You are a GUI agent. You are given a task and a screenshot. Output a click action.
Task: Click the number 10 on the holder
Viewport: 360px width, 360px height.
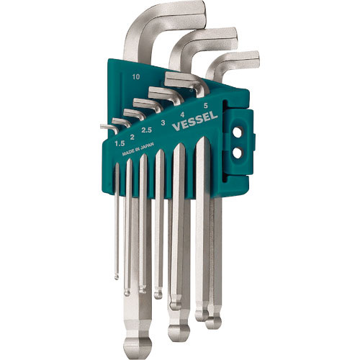click(136, 77)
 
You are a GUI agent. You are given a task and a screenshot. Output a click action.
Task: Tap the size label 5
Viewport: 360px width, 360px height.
click(205, 105)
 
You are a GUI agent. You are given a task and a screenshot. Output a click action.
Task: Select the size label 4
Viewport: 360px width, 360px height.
click(182, 114)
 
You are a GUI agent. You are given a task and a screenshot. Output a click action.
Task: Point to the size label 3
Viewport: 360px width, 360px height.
click(163, 123)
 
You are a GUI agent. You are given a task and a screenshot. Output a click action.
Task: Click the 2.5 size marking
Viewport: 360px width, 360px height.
click(146, 130)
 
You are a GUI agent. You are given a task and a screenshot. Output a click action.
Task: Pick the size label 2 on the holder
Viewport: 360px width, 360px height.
click(132, 137)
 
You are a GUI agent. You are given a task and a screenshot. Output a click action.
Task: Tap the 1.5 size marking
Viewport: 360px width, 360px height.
click(120, 143)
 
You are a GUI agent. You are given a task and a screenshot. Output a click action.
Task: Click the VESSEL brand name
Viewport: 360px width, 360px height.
click(195, 122)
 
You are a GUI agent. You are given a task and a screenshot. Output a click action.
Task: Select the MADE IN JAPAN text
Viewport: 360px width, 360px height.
click(138, 149)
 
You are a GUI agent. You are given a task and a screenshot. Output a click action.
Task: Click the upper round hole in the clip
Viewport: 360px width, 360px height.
click(238, 132)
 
